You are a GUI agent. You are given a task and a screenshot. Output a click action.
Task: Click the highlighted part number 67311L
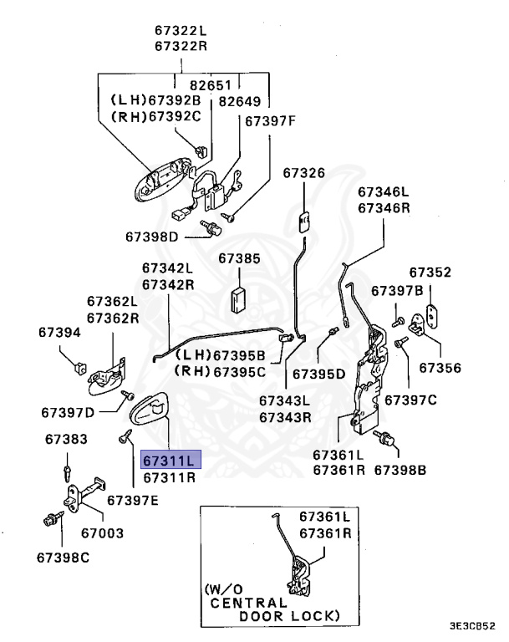[171, 460]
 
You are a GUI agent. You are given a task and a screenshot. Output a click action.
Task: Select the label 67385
[240, 259]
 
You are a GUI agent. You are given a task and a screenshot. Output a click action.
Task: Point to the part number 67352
[430, 273]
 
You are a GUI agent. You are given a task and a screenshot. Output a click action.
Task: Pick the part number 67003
[102, 532]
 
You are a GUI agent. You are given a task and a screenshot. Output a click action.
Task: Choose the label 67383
[66, 439]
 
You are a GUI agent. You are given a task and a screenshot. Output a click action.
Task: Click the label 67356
[440, 367]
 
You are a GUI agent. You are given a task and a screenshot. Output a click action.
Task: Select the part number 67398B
[400, 471]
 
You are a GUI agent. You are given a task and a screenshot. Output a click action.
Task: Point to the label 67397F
[270, 121]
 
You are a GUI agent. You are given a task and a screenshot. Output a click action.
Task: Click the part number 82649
[240, 102]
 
